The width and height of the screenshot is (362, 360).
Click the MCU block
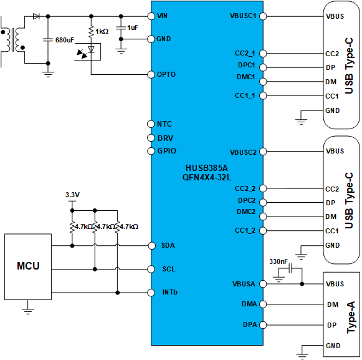[28, 266]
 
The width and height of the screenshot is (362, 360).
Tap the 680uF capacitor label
[65, 40]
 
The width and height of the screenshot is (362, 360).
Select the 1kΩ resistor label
[102, 31]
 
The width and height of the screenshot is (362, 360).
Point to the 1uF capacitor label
[133, 28]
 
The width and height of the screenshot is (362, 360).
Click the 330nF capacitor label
[278, 261]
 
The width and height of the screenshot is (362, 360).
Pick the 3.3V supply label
[73, 195]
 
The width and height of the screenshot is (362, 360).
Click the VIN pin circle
[151, 16]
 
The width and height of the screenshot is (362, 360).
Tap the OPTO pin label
[167, 75]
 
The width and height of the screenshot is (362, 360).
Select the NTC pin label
[164, 124]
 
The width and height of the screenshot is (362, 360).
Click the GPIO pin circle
[151, 151]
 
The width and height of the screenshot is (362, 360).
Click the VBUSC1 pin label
[242, 16]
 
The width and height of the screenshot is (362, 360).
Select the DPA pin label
[249, 324]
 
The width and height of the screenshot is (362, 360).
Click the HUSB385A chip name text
[206, 168]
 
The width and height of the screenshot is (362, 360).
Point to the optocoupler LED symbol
[91, 50]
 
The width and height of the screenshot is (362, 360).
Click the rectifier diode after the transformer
[36, 16]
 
